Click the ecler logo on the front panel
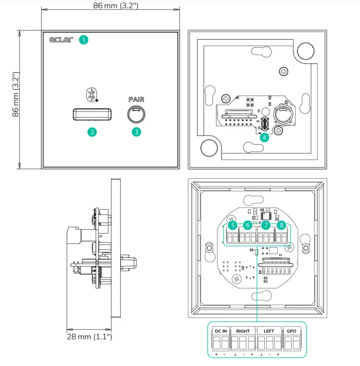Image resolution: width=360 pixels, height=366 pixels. [59, 40]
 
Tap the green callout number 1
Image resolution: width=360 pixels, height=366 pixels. [84, 40]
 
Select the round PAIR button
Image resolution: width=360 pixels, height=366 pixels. [136, 115]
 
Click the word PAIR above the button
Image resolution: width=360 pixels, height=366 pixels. [136, 99]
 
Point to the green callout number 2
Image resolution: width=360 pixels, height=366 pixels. [91, 132]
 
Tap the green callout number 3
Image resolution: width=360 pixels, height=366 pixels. [136, 132]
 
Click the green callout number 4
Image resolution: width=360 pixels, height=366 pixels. [264, 137]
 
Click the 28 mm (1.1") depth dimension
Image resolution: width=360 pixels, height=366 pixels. [89, 336]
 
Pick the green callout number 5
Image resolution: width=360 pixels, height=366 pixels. [233, 225]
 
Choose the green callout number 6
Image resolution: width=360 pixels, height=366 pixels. [247, 225]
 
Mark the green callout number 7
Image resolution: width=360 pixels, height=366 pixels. [266, 225]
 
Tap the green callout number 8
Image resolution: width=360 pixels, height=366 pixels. [281, 225]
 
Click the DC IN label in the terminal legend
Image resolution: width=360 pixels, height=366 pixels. [220, 331]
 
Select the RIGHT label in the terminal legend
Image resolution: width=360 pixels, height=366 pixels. [243, 331]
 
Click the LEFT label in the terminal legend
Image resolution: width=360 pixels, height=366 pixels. [269, 331]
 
